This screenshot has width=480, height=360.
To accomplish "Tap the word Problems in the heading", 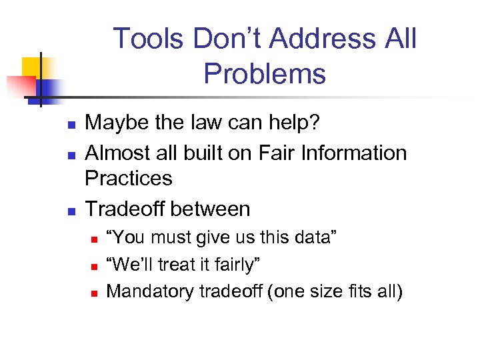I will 265,73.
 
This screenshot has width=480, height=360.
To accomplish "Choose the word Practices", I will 129,178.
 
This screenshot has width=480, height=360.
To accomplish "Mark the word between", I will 209,209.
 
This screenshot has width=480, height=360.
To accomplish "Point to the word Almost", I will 117,153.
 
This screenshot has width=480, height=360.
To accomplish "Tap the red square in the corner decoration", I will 20,86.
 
